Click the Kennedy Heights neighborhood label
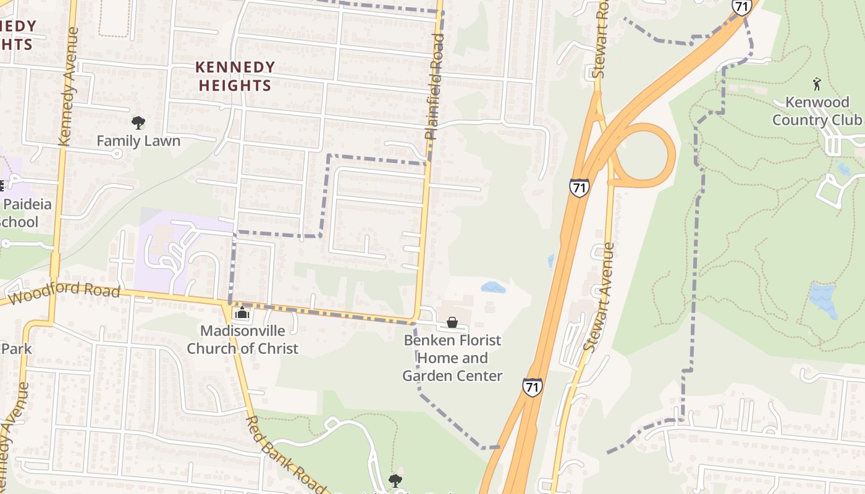pos(235,76)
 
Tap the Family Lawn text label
pos(138,141)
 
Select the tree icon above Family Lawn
pos(138,123)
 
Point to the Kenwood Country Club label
pos(817,111)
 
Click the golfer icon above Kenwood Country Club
pos(817,83)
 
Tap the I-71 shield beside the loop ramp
pos(579,188)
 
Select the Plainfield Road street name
pos(435,86)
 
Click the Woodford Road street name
pos(65,291)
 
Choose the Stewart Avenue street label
pos(599,298)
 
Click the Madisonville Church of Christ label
pos(242,340)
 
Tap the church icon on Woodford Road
pos(242,314)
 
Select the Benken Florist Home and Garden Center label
pos(452,358)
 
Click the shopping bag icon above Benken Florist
pos(452,322)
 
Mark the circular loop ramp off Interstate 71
pos(643,154)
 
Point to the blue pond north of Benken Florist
pos(493,287)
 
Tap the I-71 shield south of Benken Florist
pos(532,387)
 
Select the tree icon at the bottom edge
pos(395,480)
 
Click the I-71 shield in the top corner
pos(741,7)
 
